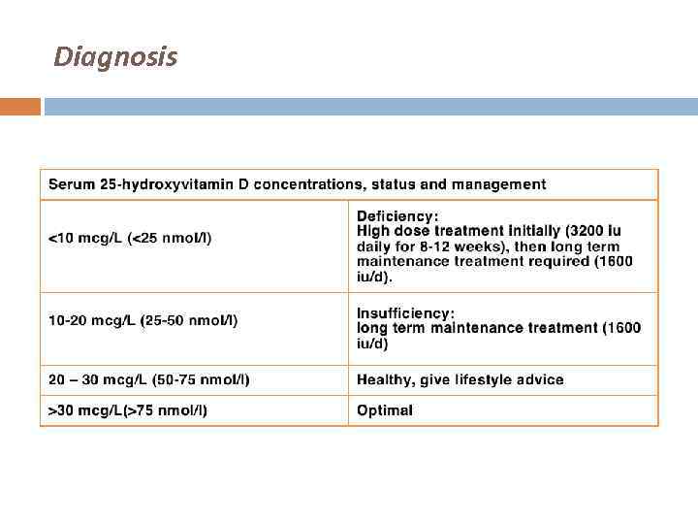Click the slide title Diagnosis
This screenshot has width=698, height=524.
[115, 57]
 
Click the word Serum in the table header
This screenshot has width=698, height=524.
[71, 184]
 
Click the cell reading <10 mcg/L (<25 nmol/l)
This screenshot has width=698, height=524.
[130, 238]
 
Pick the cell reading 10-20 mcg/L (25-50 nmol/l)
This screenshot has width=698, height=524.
[143, 320]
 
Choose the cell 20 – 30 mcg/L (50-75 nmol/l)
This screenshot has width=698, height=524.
[149, 379]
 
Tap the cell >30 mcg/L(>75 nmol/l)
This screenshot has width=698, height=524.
[128, 410]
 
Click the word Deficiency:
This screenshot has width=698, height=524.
[397, 215]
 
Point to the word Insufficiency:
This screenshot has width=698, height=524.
[405, 312]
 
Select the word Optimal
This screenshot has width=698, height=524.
[384, 410]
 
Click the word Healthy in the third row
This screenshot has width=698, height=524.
[384, 379]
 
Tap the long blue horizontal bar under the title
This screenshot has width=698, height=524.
[370, 106]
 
